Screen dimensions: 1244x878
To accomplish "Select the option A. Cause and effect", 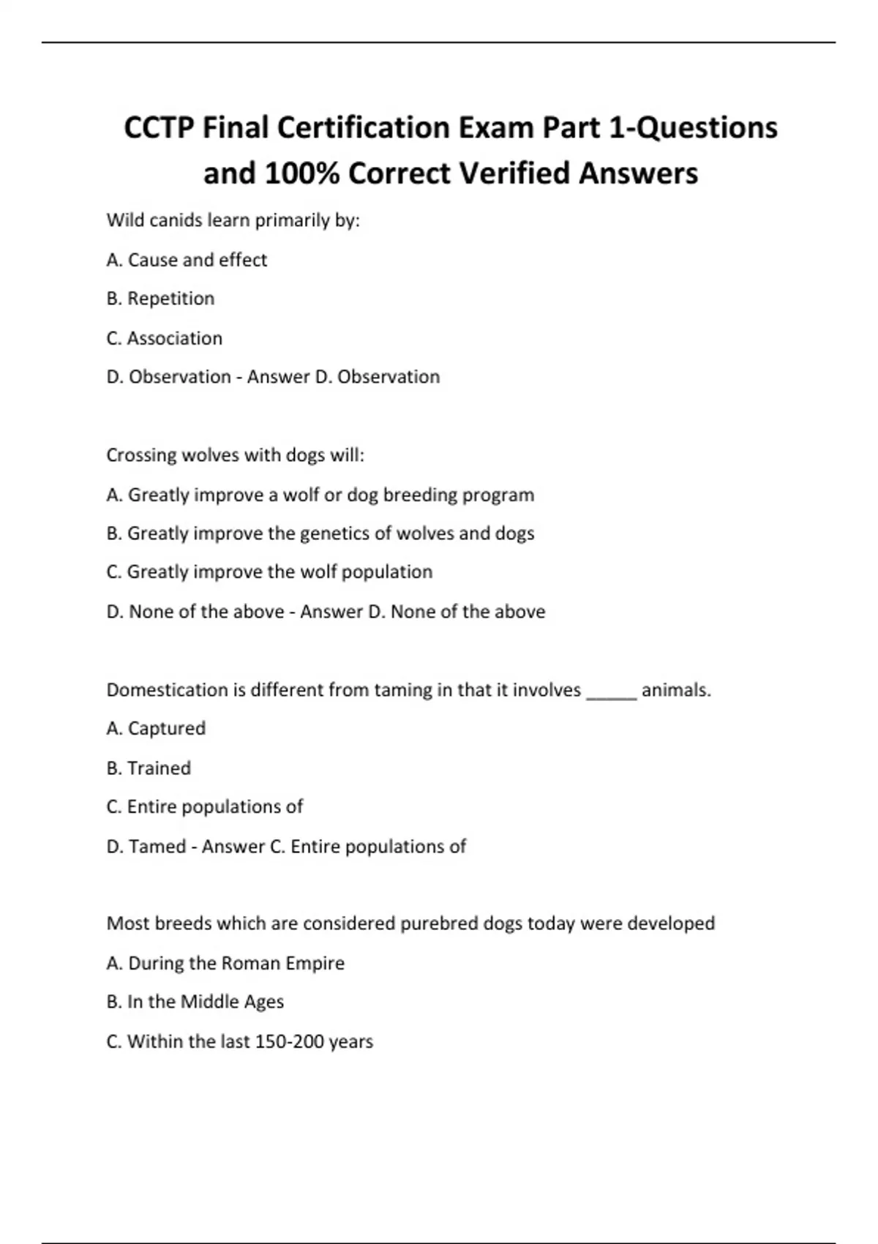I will pos(187,260).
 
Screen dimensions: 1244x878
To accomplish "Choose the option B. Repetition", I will pos(160,299).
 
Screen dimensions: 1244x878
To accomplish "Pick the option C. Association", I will pos(164,338).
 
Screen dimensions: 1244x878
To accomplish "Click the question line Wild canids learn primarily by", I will pos(233,220).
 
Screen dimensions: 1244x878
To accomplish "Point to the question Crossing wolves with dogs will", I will pos(235,455).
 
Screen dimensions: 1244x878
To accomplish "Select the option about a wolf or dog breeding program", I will pos(320,495).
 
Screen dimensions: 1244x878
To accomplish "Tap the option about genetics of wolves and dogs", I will pos(320,533).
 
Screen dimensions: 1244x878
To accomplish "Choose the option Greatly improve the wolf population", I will pos(269,572).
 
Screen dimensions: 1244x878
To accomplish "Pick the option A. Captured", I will pos(156,728).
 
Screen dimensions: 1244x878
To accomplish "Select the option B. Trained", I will pos(149,768).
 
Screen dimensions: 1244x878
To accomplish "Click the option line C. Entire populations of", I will pos(204,806).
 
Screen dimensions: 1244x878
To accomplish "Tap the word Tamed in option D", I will pos(157,847).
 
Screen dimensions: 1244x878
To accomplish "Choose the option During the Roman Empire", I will pos(225,963).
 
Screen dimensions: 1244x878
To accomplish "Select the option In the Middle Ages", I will pos(195,1002).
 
